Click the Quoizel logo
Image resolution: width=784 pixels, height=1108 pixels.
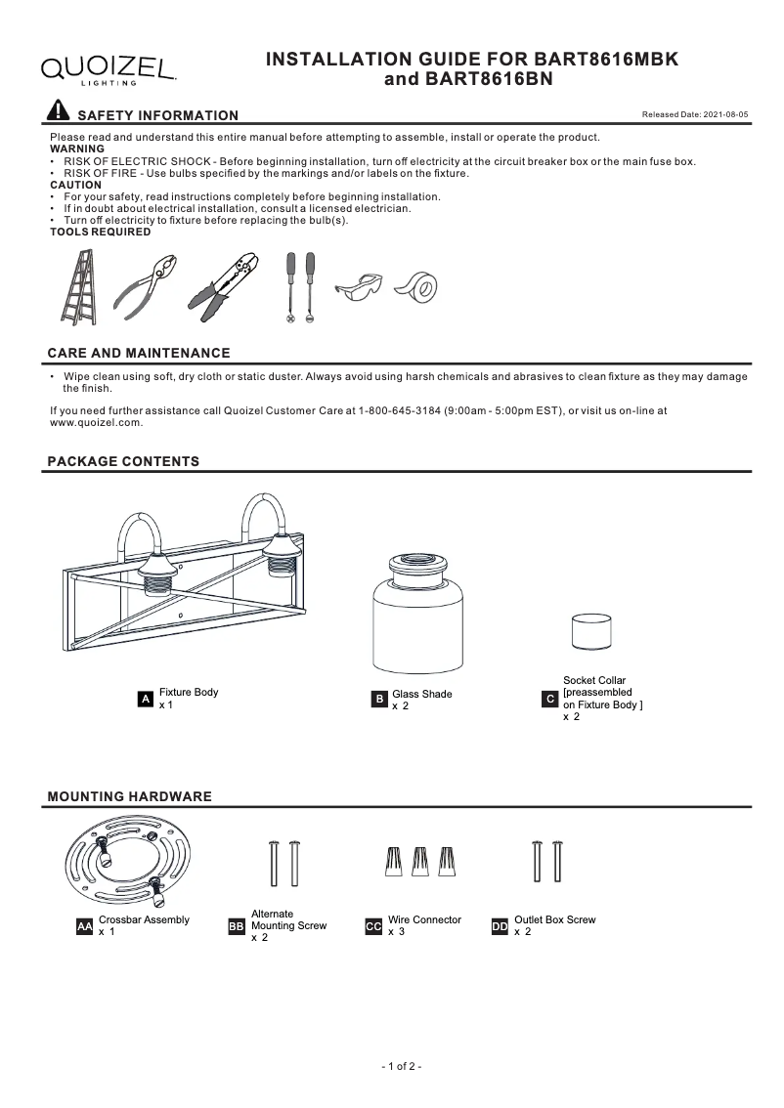[x=108, y=67]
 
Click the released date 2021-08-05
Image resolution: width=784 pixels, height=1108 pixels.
[x=695, y=115]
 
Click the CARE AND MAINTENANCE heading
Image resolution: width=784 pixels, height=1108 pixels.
[x=139, y=353]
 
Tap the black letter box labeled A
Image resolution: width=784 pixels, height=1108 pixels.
[x=145, y=699]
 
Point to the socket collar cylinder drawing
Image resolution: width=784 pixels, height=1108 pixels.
[x=589, y=632]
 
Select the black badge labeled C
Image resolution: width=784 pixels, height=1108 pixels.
[x=549, y=699]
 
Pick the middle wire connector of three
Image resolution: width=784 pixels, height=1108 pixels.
[x=421, y=863]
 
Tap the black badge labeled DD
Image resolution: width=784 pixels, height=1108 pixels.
[x=500, y=925]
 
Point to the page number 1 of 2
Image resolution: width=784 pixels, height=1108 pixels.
[x=401, y=1067]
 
